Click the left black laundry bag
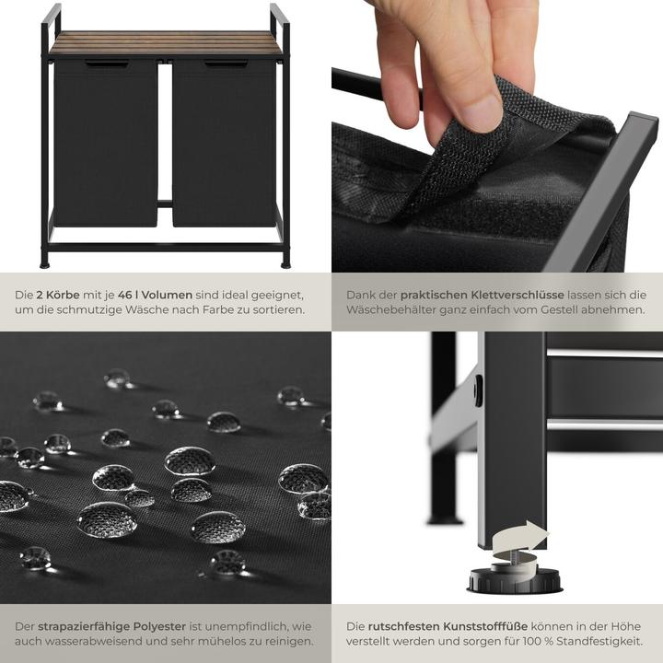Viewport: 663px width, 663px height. point(106,143)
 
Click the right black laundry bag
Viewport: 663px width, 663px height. point(225,143)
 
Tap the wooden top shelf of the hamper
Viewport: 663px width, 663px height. point(166,43)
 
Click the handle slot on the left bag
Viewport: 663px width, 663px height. point(107,64)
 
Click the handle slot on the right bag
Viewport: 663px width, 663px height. point(226,64)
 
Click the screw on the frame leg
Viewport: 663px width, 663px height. point(478,390)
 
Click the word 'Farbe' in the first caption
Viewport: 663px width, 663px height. point(205,310)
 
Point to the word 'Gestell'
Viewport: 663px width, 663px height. point(569,310)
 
